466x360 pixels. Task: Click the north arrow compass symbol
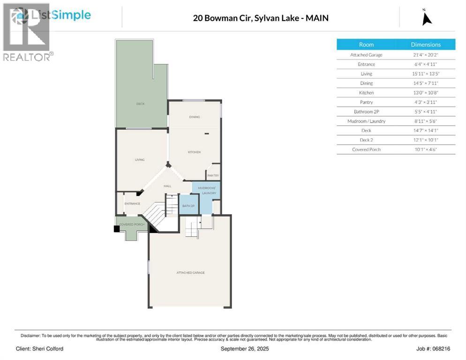pos(427,18)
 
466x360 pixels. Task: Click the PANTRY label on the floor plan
pos(213,176)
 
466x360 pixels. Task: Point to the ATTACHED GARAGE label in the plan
pos(190,272)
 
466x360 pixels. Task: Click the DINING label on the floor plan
pos(195,117)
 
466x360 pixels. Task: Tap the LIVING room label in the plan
pos(140,160)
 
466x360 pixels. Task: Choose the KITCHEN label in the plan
pos(194,152)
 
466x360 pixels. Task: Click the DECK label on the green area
pos(140,104)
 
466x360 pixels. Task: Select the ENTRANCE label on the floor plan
pos(132,203)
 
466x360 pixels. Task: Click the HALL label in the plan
pos(167,186)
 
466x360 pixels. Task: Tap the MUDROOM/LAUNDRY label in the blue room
pos(206,191)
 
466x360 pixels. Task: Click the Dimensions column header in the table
pos(425,45)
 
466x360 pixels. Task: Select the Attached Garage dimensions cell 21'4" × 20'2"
pos(425,55)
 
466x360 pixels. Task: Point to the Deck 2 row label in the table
pos(366,140)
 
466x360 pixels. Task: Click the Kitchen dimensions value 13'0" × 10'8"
pos(425,93)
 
